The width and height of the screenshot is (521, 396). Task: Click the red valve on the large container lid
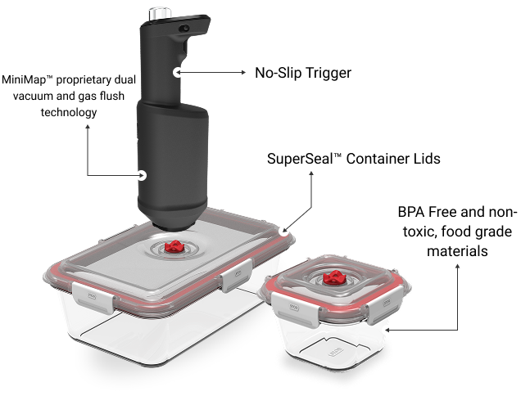pyautogui.click(x=173, y=247)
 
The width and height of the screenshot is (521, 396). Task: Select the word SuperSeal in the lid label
pyautogui.click(x=300, y=159)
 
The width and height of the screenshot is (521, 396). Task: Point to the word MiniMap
pyautogui.click(x=24, y=79)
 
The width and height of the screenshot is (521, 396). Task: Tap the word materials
pyautogui.click(x=457, y=250)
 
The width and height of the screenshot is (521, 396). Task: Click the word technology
pyautogui.click(x=69, y=112)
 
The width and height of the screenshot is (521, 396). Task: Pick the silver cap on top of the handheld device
pyautogui.click(x=160, y=13)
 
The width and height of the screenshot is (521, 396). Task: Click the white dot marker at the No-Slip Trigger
pyautogui.click(x=178, y=72)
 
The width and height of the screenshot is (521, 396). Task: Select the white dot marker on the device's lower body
pyautogui.click(x=143, y=175)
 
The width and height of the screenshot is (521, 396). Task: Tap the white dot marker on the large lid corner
pyautogui.click(x=283, y=231)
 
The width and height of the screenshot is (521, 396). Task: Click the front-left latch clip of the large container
pyautogui.click(x=93, y=298)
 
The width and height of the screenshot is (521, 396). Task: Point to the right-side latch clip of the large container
pyautogui.click(x=236, y=275)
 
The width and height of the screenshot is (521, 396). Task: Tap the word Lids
pyautogui.click(x=427, y=159)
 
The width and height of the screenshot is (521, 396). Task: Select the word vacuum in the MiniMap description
pyautogui.click(x=33, y=96)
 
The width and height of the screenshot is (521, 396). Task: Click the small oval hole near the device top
pyautogui.click(x=184, y=29)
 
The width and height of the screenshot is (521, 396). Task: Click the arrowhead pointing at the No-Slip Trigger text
pyautogui.click(x=243, y=72)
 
